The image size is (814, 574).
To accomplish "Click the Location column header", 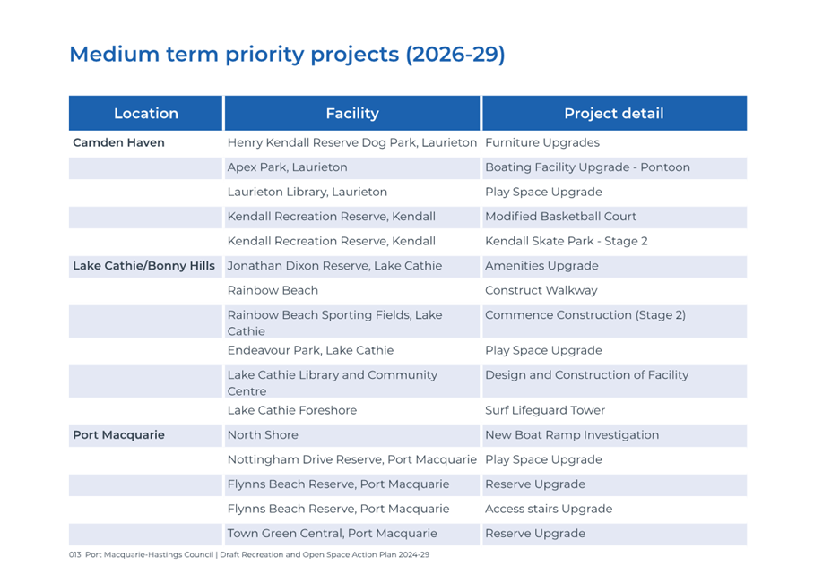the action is coord(146,113).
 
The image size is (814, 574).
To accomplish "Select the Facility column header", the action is coord(352,113).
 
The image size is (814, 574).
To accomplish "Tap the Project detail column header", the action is coord(613,113).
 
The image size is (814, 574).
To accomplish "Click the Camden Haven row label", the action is coord(118,142).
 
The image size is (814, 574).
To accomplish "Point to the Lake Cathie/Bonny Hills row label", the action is coord(143,265).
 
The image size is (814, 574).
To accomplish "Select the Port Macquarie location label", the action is coord(118,435).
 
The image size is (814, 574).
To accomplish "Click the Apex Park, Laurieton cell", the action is coord(287,167).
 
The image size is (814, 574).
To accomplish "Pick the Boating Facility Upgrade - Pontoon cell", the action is coord(587,167).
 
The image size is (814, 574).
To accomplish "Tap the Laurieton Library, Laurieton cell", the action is coord(307,193).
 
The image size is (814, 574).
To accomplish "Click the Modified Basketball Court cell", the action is coord(560,216).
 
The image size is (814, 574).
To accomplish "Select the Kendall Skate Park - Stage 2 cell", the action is coord(567,241).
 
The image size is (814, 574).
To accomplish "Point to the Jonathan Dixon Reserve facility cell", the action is coord(335,265).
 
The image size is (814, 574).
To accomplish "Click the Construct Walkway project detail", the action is coord(541,290).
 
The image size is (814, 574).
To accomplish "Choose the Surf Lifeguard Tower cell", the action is coord(545,410).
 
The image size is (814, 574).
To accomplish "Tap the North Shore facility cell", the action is coord(263,435).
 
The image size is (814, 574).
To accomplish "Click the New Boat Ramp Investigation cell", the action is coord(572,435).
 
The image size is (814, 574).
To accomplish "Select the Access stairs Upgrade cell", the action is coord(549,509).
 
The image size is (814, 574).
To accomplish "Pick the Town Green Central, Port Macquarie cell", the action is coord(333,534).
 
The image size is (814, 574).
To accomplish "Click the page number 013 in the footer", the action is coord(74,554).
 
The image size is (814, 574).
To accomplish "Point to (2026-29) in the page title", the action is coord(455,55).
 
